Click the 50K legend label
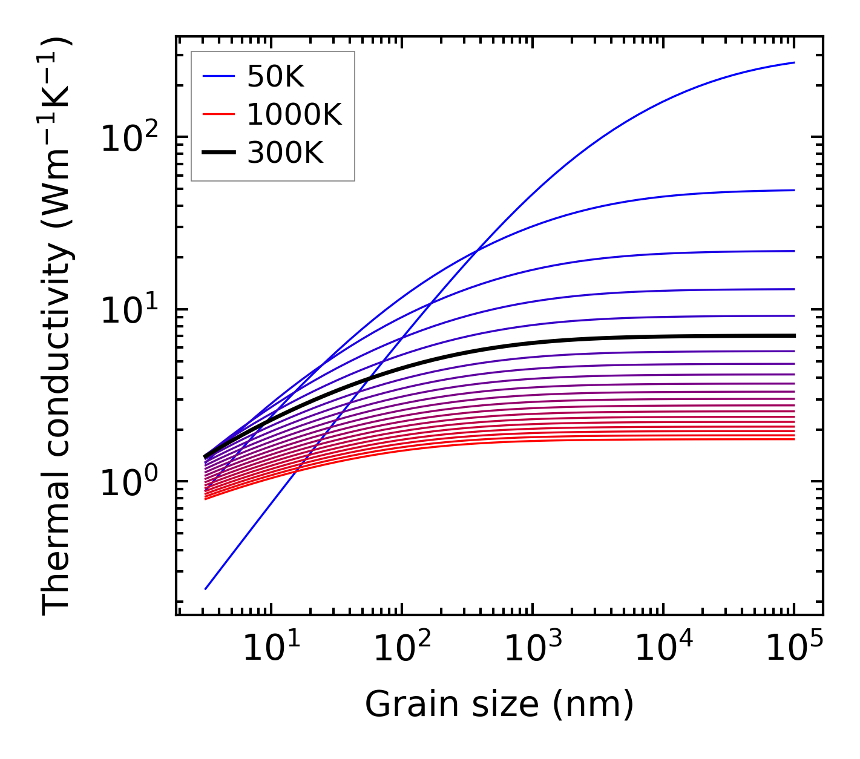275,77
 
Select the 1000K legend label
294,115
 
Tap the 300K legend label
285,154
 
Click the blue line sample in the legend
218,77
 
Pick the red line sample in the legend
218,115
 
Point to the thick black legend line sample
218,154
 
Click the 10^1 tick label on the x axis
271,649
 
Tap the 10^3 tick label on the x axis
532,649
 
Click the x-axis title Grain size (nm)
499,705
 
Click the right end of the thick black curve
793,335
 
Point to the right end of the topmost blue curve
793,62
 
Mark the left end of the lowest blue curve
206,588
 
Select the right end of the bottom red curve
793,439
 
